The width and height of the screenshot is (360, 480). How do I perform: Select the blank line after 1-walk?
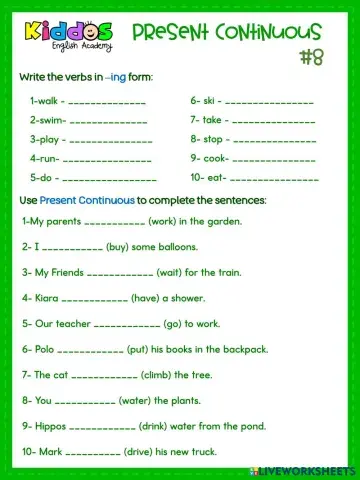pyautogui.click(x=104, y=102)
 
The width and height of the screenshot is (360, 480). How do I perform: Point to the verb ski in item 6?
pyautogui.click(x=215, y=100)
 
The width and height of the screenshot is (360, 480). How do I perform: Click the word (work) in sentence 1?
pyautogui.click(x=163, y=221)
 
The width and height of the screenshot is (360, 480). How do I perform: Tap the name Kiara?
pyautogui.click(x=46, y=297)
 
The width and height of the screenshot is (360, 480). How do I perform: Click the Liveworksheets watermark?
pyautogui.click(x=304, y=471)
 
